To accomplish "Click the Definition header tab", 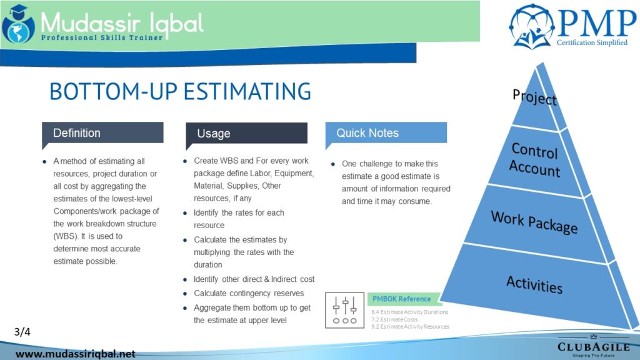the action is pos(102,133).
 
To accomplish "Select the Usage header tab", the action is pos(246,134).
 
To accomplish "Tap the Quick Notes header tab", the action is pos(386,133).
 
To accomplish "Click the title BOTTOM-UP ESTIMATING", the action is pos(180,91).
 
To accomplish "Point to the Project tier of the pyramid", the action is pos(535,102).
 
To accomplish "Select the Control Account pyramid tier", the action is pos(535,160).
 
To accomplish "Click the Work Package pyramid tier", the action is pos(534,222).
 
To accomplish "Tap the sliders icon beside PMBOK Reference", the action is pos(345,310).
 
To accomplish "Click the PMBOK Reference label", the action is pos(402,299).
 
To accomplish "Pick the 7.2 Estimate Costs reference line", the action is pos(394,319).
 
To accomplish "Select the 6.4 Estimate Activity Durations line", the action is pos(410,312).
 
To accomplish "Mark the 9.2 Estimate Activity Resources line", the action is pos(410,326).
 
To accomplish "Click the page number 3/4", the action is pos(22,332).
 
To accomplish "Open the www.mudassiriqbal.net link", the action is pos(76,354).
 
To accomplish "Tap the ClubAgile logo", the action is pos(594,346).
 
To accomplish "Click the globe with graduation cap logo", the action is pos(18,24).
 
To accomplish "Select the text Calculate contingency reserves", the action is pos(249,294).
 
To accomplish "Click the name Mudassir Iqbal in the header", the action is pos(122,23).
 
